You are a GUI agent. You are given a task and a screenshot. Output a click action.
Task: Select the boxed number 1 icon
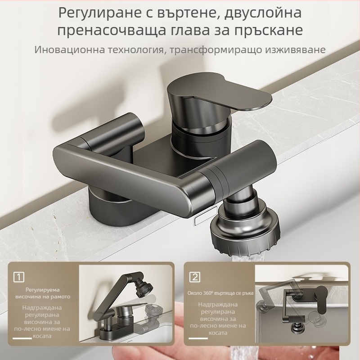pos(19,276)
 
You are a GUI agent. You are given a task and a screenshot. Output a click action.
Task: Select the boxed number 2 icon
pos(195,276)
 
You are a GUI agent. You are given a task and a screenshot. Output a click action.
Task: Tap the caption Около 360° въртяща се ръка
pos(220,293)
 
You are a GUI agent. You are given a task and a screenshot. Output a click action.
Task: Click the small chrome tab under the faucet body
pos(199,220)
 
